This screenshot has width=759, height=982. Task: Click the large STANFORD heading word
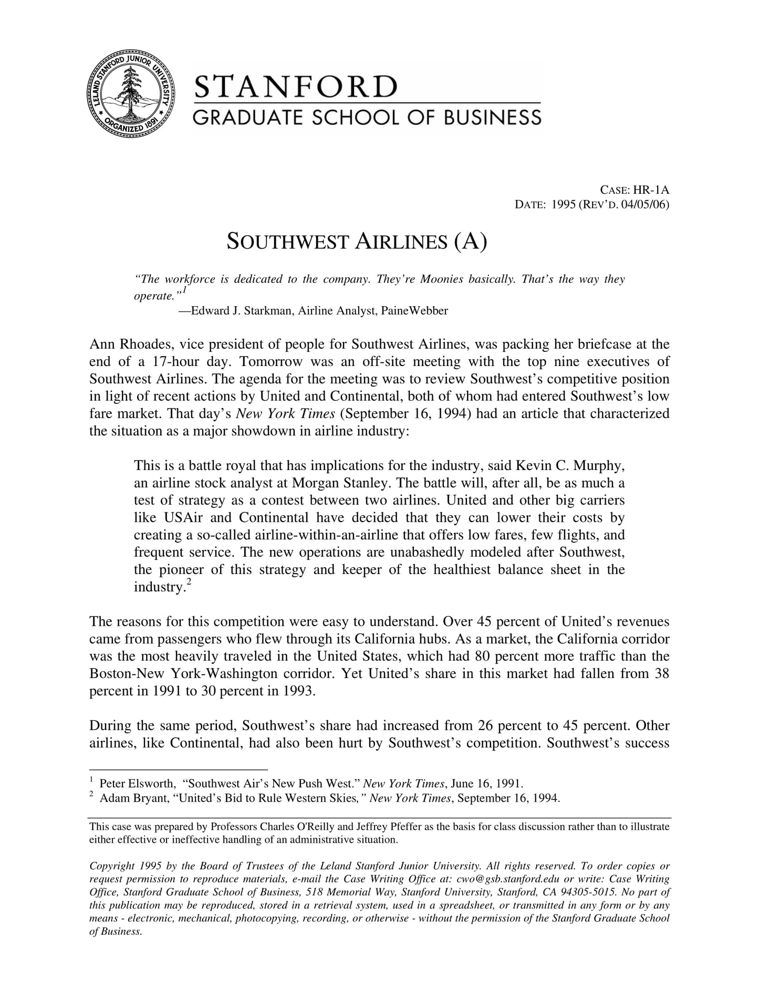[x=296, y=87]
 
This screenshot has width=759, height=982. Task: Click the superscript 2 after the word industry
[x=188, y=582]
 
